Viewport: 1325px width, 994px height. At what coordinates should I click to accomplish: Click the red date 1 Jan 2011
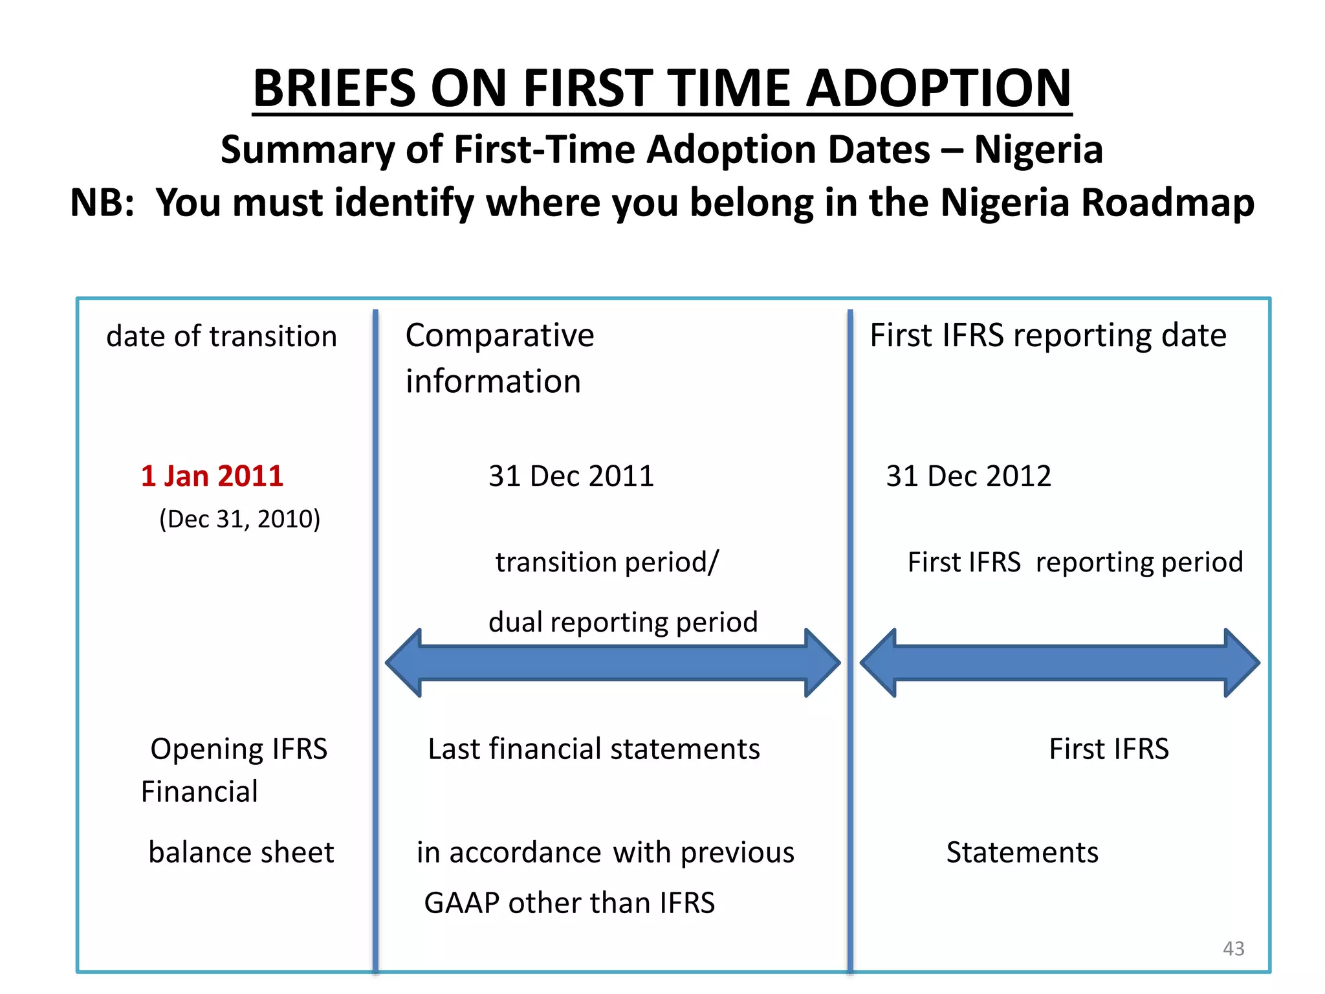coord(212,476)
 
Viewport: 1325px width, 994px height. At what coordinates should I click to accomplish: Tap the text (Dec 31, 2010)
coord(240,519)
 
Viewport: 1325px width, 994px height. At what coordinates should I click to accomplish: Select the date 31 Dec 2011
coord(571,476)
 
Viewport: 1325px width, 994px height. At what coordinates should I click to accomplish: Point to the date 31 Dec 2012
coord(969,476)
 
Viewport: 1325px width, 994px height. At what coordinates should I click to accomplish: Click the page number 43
coord(1233,949)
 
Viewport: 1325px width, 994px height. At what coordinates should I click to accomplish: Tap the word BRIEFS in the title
coord(334,89)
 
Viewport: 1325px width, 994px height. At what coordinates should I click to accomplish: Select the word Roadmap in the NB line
coord(1168,203)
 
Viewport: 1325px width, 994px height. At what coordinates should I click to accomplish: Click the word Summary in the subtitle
coord(307,149)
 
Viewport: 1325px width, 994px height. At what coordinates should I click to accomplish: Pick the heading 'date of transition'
coord(221,337)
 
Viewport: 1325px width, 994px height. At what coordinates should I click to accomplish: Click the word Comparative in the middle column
coord(499,335)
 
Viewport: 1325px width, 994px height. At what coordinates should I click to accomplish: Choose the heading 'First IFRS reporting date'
coord(1048,335)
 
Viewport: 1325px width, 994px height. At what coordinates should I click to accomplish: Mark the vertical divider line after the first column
coord(375,641)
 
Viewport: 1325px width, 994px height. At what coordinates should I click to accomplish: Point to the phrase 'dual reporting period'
coord(623,622)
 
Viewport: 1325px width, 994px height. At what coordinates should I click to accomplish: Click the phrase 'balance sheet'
coord(241,852)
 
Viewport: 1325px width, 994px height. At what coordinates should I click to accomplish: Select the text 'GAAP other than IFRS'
coord(569,903)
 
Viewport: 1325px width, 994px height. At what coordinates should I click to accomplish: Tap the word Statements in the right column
coord(1022,852)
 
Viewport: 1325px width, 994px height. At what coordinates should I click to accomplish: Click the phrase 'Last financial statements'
coord(594,749)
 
